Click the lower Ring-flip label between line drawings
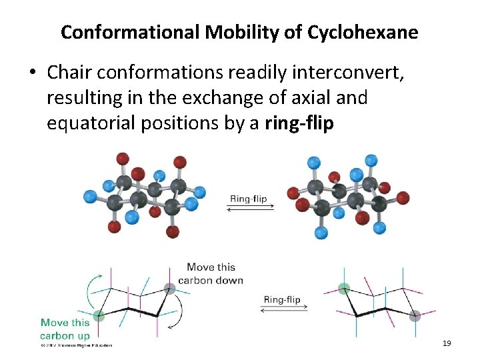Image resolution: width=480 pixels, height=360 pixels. (282, 299)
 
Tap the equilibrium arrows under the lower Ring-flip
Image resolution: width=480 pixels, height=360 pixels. (284, 308)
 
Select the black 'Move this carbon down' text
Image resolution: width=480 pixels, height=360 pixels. (210, 274)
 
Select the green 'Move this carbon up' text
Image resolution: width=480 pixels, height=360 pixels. (65, 329)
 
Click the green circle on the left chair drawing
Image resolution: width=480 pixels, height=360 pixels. (99, 315)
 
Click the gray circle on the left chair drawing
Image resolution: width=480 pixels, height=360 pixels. (170, 289)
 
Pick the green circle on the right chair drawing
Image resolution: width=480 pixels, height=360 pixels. (343, 289)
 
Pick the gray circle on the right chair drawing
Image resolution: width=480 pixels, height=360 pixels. (415, 315)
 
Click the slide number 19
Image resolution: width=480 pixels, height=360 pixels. (447, 343)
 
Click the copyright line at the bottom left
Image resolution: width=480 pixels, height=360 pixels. (75, 345)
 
